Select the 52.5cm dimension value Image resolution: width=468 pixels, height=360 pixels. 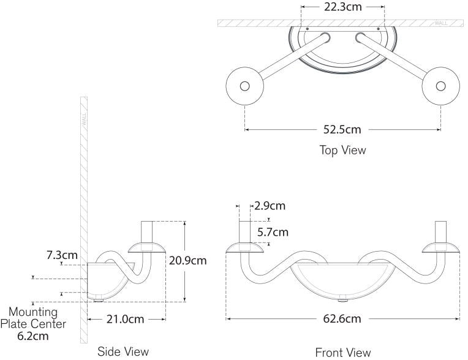[342, 129]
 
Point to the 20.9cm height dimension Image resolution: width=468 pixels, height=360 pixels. [187, 260]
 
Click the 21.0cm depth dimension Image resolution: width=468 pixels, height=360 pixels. [126, 319]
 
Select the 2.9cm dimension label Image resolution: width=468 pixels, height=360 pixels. [270, 206]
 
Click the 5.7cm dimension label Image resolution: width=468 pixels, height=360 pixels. [272, 232]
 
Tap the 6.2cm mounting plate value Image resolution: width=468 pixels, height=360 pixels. [33, 336]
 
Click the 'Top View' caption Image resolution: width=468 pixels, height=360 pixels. [342, 150]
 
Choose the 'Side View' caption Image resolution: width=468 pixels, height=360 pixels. [123, 351]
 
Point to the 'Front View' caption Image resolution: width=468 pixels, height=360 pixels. [342, 352]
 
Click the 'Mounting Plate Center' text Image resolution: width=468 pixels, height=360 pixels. [33, 318]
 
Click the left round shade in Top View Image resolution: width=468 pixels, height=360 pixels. [244, 86]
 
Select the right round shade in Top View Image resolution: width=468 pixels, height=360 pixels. [440, 86]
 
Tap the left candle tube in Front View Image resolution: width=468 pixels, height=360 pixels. [245, 231]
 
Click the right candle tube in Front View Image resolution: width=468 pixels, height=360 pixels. [440, 231]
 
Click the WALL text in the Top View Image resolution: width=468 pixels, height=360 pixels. [441, 23]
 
